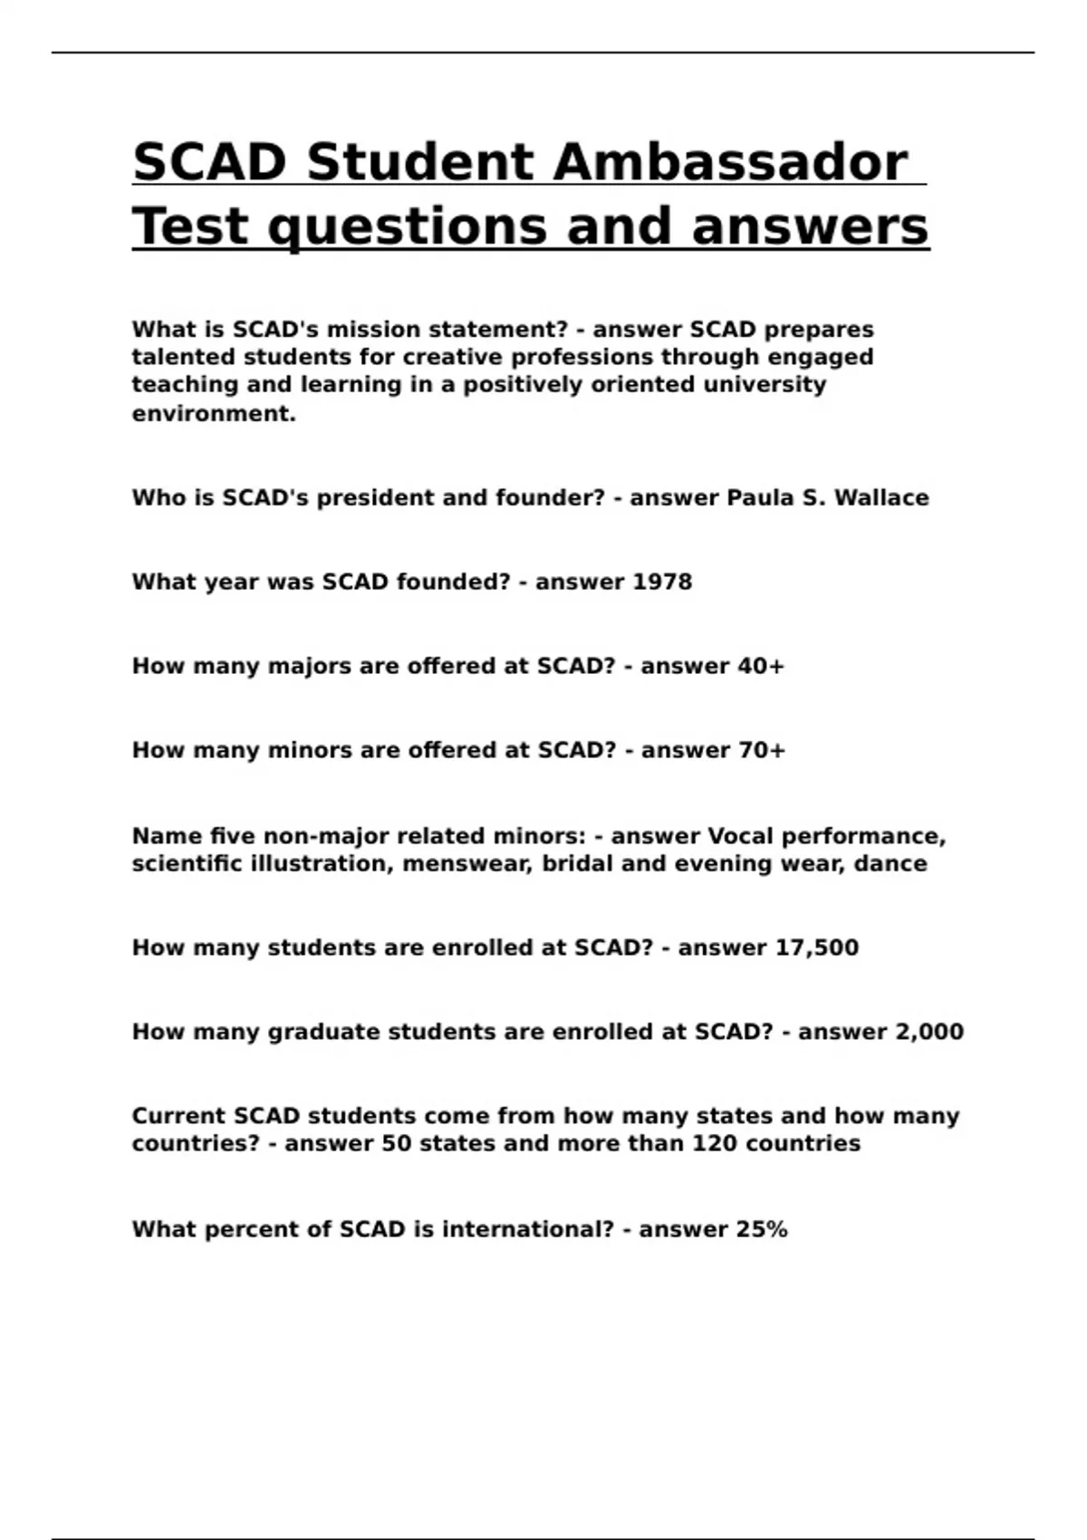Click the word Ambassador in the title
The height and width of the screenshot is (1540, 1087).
729,163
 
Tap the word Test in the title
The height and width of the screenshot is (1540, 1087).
189,226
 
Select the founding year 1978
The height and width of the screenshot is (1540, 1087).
661,582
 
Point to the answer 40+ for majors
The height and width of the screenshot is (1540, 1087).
760,666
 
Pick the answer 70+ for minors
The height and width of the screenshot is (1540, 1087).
761,750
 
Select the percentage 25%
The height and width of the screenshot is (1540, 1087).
761,1229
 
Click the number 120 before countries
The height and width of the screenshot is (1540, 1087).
715,1143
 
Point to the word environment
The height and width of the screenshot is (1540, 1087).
213,414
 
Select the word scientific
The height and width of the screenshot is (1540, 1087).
187,863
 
